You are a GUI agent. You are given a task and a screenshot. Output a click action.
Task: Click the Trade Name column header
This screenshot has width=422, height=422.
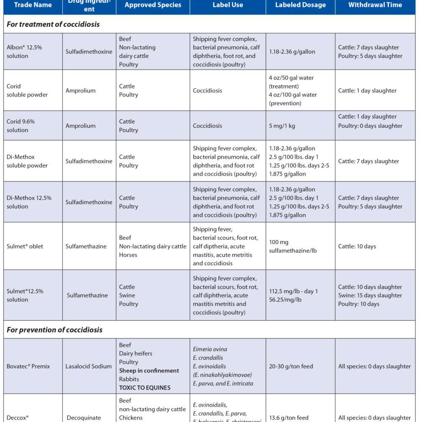point(33,5)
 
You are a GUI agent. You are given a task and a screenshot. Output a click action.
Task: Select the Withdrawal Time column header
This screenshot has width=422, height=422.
point(375,5)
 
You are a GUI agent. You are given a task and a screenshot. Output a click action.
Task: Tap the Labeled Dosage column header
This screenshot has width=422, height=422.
point(300,5)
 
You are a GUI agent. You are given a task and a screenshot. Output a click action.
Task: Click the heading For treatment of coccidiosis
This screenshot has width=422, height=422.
point(53,24)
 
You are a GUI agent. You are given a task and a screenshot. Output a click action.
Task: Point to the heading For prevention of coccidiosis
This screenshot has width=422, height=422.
point(54,330)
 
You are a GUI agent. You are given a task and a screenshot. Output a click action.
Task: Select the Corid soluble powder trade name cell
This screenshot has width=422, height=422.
point(27,90)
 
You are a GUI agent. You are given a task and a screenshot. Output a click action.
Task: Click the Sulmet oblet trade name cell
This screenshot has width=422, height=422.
point(25,246)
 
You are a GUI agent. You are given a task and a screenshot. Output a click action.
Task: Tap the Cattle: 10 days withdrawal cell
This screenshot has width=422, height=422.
point(357,246)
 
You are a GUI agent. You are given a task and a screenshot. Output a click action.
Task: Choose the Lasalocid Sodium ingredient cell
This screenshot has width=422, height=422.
point(89,366)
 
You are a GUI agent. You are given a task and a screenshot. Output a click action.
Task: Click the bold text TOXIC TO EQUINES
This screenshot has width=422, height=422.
point(145,387)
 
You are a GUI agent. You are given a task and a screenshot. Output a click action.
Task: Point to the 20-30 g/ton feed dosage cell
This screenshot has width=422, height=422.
point(291,366)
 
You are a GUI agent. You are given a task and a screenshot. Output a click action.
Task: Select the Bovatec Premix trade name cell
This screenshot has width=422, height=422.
point(28,366)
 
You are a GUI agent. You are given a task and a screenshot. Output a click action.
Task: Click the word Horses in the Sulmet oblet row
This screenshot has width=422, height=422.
point(128,255)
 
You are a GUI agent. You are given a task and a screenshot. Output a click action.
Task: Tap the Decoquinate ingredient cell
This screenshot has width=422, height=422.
point(84,418)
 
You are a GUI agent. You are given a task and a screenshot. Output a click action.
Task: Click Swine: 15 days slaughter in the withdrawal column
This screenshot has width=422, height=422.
point(370,295)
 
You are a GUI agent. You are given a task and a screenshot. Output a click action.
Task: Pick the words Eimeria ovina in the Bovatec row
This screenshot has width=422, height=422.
point(210,349)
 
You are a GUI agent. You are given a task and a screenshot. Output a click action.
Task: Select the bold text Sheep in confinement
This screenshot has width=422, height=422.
point(149,371)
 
